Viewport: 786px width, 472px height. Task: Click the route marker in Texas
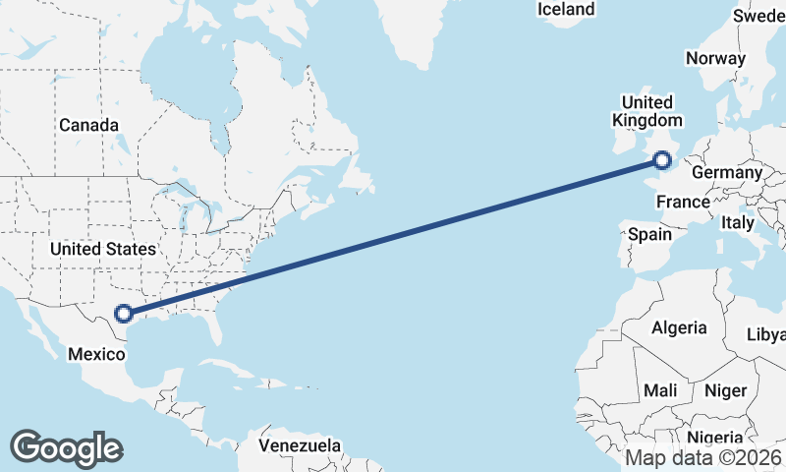pyautogui.click(x=124, y=314)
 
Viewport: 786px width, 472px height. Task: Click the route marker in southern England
pyautogui.click(x=662, y=159)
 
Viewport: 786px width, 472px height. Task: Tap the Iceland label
pyautogui.click(x=566, y=10)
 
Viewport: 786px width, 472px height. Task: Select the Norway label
pyautogui.click(x=716, y=59)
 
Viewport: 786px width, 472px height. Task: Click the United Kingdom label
pyautogui.click(x=644, y=111)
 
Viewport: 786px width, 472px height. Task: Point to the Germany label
pyautogui.click(x=727, y=173)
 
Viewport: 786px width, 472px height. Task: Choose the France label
pyautogui.click(x=683, y=203)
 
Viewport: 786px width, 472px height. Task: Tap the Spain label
pyautogui.click(x=649, y=235)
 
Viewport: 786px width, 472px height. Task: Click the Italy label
pyautogui.click(x=738, y=224)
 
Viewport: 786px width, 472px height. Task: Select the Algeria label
pyautogui.click(x=680, y=327)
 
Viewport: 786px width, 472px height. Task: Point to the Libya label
pyautogui.click(x=766, y=335)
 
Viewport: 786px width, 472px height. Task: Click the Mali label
pyautogui.click(x=660, y=391)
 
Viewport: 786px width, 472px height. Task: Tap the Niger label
pyautogui.click(x=726, y=391)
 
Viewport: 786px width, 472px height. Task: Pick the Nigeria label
pyautogui.click(x=715, y=438)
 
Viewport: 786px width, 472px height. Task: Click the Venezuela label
pyautogui.click(x=300, y=445)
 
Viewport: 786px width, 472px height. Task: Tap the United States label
pyautogui.click(x=103, y=250)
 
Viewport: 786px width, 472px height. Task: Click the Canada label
pyautogui.click(x=88, y=126)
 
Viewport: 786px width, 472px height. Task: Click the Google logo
pyautogui.click(x=66, y=447)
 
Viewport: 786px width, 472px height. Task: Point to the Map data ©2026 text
pyautogui.click(x=703, y=457)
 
